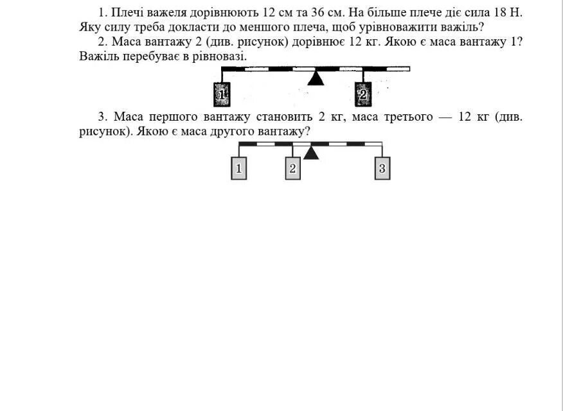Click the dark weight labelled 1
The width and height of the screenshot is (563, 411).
tap(222, 95)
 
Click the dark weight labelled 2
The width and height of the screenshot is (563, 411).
tap(363, 95)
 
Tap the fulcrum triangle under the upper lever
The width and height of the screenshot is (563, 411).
tap(315, 78)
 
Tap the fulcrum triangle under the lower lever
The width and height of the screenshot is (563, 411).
tap(311, 153)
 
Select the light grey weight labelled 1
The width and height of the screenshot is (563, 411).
tap(238, 169)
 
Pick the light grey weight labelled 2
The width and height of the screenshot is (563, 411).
tap(292, 169)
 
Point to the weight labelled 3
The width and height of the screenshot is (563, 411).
tap(382, 169)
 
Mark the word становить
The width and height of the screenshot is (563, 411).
tap(283, 118)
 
